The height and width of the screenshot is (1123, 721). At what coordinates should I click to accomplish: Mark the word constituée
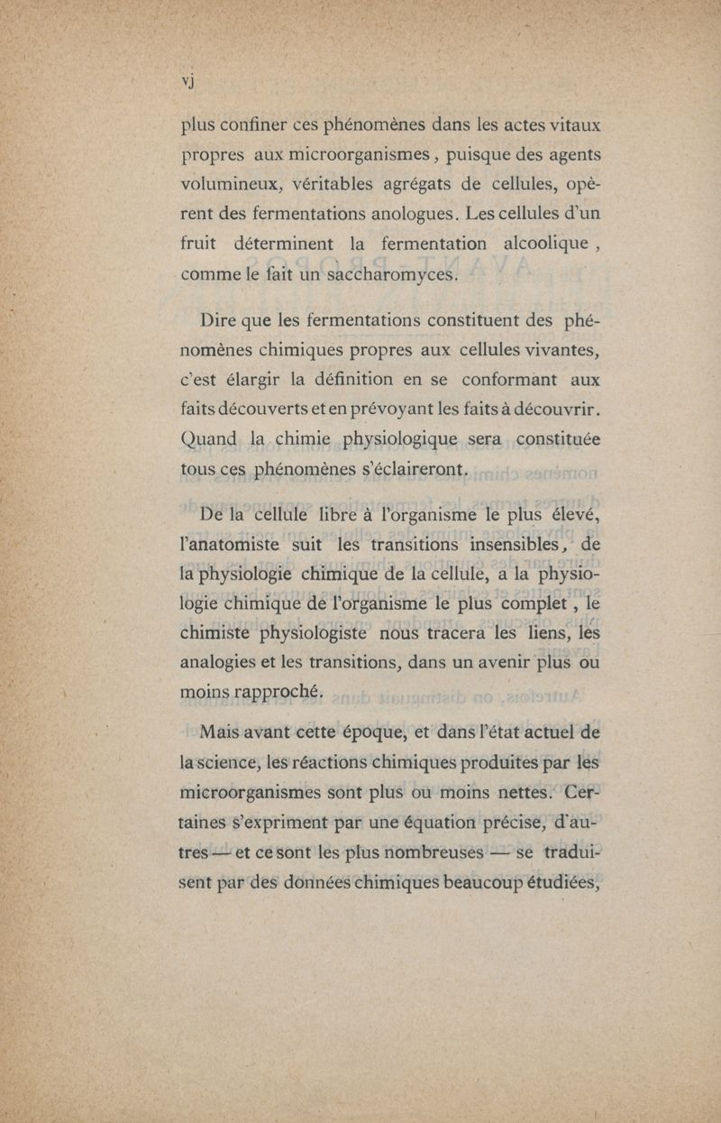[x=552, y=439]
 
